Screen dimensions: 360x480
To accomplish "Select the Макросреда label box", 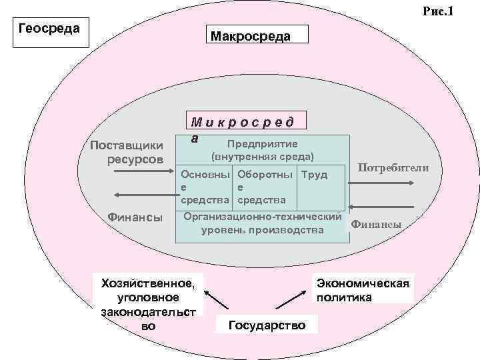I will (x=259, y=35).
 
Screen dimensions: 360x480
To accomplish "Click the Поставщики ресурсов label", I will (x=127, y=152).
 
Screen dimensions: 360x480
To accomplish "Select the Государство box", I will (x=267, y=325).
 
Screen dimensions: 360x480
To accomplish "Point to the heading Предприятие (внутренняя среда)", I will (x=262, y=150).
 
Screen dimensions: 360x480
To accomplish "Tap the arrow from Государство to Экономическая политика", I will (x=294, y=297).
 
